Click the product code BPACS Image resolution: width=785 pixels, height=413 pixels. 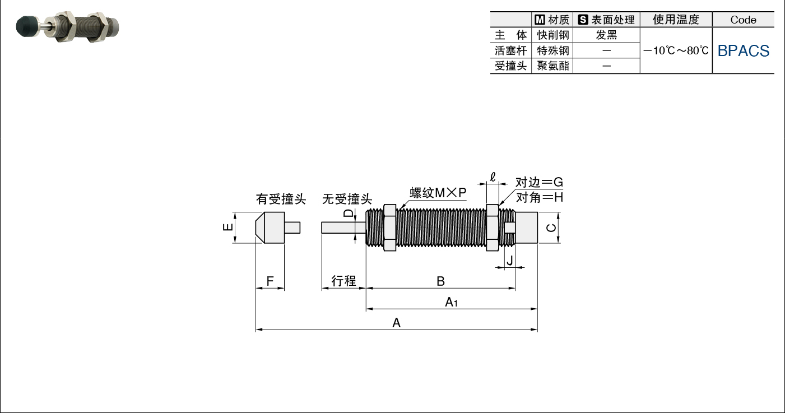tap(744, 51)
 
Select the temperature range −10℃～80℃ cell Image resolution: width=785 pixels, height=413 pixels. tap(676, 51)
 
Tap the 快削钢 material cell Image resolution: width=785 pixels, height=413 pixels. tap(552, 35)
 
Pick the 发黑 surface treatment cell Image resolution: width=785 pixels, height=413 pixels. tap(606, 35)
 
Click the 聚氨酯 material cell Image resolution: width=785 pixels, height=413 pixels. tap(552, 66)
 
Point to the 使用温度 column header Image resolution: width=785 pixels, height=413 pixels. tap(676, 20)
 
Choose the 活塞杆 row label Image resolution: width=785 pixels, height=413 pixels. tap(510, 51)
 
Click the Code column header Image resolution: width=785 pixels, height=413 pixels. tap(744, 20)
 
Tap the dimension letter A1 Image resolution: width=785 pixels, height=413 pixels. tap(451, 302)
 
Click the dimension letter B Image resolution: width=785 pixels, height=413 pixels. tap(440, 281)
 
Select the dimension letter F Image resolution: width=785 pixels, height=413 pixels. tap(270, 281)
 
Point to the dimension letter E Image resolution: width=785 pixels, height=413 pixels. tap(228, 227)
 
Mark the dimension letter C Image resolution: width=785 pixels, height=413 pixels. tap(551, 228)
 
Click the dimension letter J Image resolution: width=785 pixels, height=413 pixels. tap(510, 261)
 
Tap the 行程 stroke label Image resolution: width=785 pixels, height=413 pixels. tap(343, 281)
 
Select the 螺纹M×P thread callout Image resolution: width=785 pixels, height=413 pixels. tap(438, 192)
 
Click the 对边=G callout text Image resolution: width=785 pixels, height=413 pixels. tap(539, 182)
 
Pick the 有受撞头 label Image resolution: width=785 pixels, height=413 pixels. tap(281, 199)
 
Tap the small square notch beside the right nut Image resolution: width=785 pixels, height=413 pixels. tap(510, 228)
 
